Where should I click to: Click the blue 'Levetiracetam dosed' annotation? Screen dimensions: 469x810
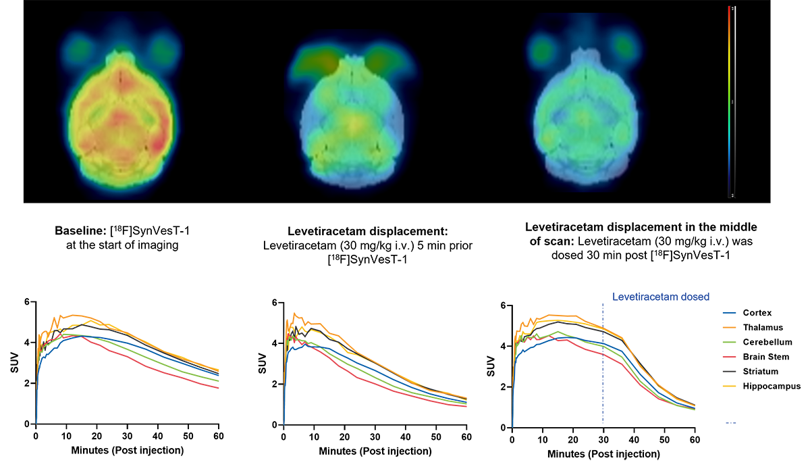coord(661,296)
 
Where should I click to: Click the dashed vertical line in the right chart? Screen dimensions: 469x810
coord(603,365)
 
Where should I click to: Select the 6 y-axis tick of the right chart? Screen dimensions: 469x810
coord(502,305)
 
